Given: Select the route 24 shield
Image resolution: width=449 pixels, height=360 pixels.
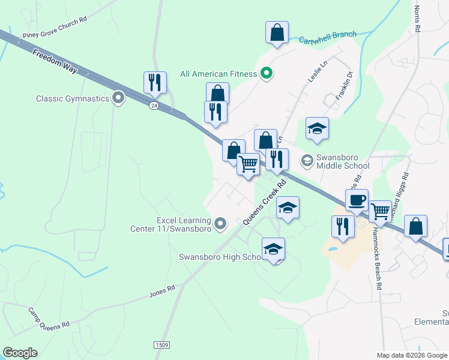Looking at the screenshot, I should [x=154, y=105].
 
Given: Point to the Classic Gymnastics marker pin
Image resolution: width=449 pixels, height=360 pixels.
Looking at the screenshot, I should [x=118, y=98].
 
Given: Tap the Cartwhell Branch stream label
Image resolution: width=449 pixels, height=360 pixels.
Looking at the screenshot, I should [x=328, y=35].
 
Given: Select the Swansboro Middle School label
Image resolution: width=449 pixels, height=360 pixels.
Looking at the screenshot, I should [x=342, y=161].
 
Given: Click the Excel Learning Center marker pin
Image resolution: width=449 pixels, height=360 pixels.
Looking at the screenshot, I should [x=221, y=224].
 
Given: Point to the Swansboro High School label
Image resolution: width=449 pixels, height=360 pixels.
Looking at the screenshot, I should [x=220, y=257].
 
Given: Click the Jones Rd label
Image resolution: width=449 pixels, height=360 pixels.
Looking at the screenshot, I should [x=161, y=292].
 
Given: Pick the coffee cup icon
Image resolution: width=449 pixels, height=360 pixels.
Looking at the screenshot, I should [x=357, y=199].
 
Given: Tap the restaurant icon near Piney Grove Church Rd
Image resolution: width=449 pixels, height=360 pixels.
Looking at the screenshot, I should [x=155, y=82].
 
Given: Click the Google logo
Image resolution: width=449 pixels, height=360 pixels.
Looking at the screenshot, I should [x=20, y=353].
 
